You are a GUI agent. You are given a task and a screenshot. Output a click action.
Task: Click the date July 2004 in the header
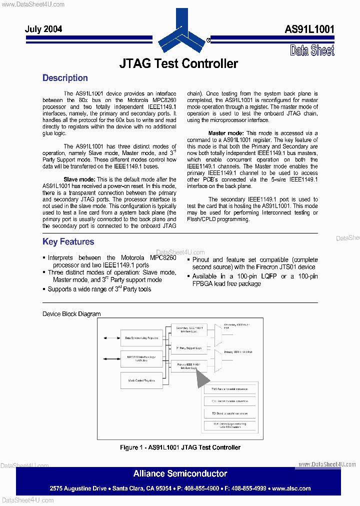43,29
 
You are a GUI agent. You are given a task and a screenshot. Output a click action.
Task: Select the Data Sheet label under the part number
312,50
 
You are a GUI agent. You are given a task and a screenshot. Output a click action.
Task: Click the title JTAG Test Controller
178,63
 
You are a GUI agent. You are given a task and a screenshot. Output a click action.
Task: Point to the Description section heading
65,78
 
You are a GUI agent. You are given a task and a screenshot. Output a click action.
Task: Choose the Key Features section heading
68,242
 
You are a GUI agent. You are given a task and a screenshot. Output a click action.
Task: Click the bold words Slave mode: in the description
79,179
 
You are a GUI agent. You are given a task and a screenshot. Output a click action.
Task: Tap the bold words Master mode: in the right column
226,133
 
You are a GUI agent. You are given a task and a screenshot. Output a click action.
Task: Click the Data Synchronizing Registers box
141,338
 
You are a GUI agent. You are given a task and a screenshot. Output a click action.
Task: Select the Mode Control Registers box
141,380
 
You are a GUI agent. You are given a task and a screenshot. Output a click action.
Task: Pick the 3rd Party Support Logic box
188,347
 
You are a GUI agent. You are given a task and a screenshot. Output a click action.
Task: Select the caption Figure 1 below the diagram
180,447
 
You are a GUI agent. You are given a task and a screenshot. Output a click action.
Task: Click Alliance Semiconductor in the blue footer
180,473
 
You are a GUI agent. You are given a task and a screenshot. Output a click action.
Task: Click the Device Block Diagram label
71,314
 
